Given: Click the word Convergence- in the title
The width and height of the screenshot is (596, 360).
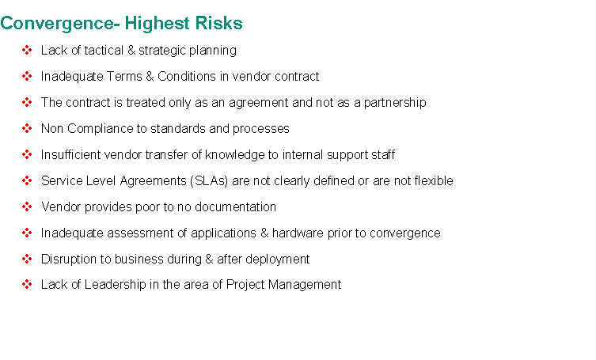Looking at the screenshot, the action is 60,24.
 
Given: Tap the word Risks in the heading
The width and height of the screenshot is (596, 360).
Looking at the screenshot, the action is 219,23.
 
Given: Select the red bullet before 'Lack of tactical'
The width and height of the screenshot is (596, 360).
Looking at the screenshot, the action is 27,50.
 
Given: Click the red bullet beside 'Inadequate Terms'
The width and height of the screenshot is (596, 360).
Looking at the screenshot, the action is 27,76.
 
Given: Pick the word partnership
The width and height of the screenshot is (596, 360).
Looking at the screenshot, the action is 395,103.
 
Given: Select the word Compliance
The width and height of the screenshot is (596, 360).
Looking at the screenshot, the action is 101,129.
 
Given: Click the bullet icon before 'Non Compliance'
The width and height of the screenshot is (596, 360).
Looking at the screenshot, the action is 27,128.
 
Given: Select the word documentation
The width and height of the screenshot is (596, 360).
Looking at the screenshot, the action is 235,207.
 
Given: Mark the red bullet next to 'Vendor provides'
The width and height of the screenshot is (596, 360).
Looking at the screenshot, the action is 27,207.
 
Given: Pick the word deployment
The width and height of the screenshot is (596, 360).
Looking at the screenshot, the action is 278,260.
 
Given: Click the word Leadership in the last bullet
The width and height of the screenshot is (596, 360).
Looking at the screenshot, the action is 116,285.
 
